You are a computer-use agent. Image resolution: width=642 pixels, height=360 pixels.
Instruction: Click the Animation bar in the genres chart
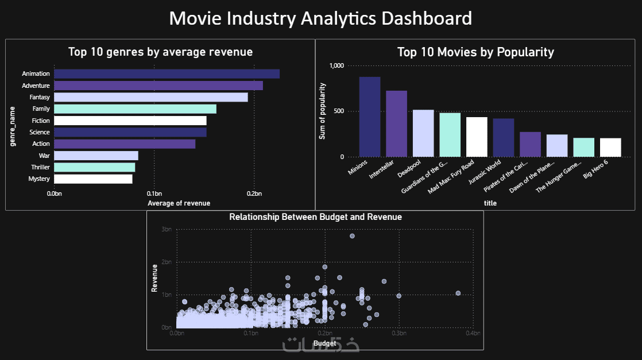click(167, 74)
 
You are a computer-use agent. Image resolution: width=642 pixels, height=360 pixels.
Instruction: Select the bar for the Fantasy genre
click(150, 97)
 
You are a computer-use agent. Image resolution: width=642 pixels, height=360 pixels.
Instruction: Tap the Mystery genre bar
click(93, 179)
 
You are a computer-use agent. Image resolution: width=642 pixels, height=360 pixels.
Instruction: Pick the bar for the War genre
click(96, 156)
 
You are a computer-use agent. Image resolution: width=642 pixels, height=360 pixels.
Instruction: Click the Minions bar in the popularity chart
click(370, 117)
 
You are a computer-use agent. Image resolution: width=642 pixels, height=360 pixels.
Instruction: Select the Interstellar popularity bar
click(396, 123)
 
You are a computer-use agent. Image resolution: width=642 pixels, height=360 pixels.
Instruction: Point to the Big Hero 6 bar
click(610, 147)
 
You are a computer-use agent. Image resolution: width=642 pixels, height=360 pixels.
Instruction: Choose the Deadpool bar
click(423, 133)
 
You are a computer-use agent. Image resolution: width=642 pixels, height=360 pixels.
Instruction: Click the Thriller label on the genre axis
click(40, 167)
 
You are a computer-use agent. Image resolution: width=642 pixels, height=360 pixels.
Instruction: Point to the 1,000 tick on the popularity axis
click(336, 65)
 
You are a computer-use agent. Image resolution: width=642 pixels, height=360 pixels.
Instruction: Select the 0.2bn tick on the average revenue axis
click(254, 194)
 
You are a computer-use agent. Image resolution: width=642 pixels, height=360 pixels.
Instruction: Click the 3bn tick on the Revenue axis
click(167, 229)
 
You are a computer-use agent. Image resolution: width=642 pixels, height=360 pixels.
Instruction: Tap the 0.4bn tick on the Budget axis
click(473, 333)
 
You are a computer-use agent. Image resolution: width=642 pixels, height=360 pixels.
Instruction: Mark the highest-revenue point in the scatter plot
click(352, 236)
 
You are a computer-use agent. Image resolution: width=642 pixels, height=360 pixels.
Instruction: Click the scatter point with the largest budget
click(458, 293)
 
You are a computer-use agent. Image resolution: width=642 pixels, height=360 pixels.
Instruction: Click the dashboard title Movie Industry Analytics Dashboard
click(320, 18)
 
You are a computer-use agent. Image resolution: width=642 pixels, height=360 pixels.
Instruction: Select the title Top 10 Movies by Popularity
click(475, 52)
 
